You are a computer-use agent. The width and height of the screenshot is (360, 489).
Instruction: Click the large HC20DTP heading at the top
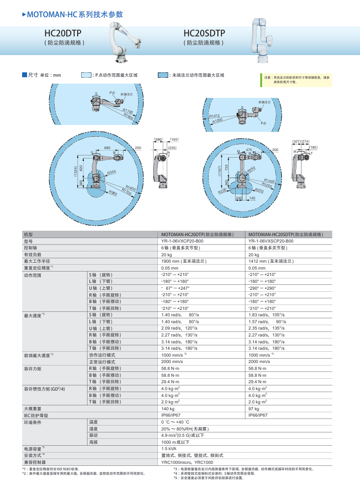(63, 33)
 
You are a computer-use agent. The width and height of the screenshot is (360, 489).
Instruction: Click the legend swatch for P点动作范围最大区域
(87, 75)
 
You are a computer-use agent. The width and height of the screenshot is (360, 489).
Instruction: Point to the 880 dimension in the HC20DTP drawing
(107, 148)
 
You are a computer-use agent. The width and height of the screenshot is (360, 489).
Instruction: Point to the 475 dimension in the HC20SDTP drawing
(249, 150)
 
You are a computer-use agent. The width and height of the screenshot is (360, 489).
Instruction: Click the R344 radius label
(112, 172)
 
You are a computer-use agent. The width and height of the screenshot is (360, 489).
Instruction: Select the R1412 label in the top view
(215, 116)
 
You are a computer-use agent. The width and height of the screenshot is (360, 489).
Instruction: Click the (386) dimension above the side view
(158, 140)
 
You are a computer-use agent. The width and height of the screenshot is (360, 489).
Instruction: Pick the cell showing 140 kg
(168, 409)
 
